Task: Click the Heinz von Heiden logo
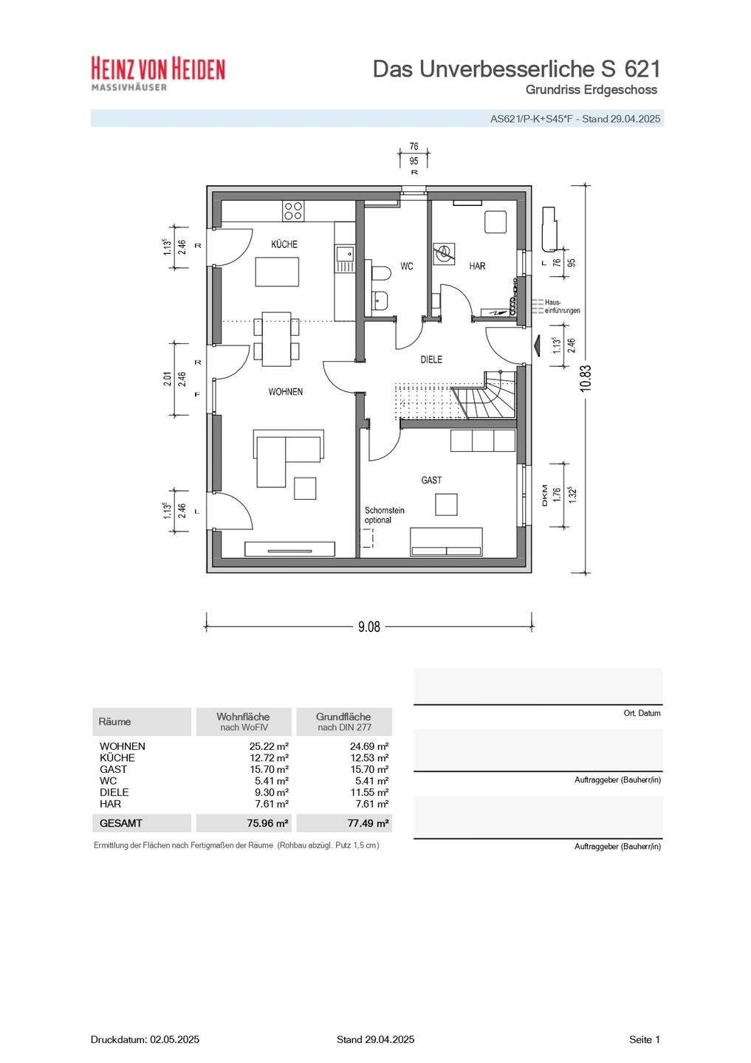point(158,74)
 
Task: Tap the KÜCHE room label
point(284,244)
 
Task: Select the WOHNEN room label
point(285,391)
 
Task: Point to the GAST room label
point(431,480)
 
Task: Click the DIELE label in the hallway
point(431,360)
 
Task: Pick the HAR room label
point(477,266)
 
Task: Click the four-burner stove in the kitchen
point(293,210)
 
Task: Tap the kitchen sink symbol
point(345,258)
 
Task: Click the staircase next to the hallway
point(484,396)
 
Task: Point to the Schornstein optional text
point(385,515)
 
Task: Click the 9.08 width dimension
point(369,627)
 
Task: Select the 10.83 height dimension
point(586,378)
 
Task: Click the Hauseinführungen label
point(562,306)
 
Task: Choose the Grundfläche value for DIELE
point(369,792)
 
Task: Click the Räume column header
point(114,722)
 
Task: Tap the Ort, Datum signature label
point(642,713)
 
